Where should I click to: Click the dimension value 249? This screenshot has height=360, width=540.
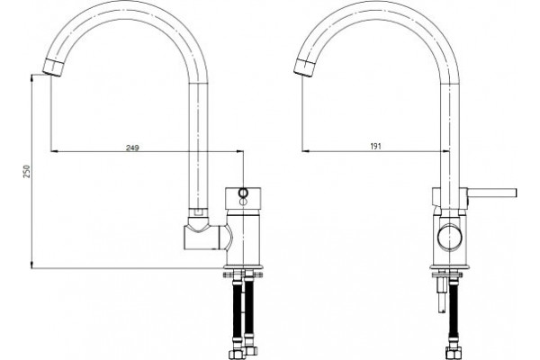(x=132, y=148)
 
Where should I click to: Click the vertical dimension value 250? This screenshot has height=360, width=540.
(x=27, y=172)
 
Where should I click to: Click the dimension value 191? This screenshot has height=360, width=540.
(x=375, y=147)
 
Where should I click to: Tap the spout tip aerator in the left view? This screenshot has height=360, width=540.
(x=53, y=67)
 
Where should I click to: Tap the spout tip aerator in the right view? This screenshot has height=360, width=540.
(x=305, y=67)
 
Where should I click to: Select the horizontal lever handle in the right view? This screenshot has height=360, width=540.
(x=493, y=193)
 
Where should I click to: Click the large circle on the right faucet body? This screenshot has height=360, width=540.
(x=449, y=237)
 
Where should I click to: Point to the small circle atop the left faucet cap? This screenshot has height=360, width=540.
(x=243, y=193)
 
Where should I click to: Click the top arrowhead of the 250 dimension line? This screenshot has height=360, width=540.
(x=31, y=78)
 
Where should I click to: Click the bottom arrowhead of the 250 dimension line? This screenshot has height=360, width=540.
(x=31, y=265)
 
